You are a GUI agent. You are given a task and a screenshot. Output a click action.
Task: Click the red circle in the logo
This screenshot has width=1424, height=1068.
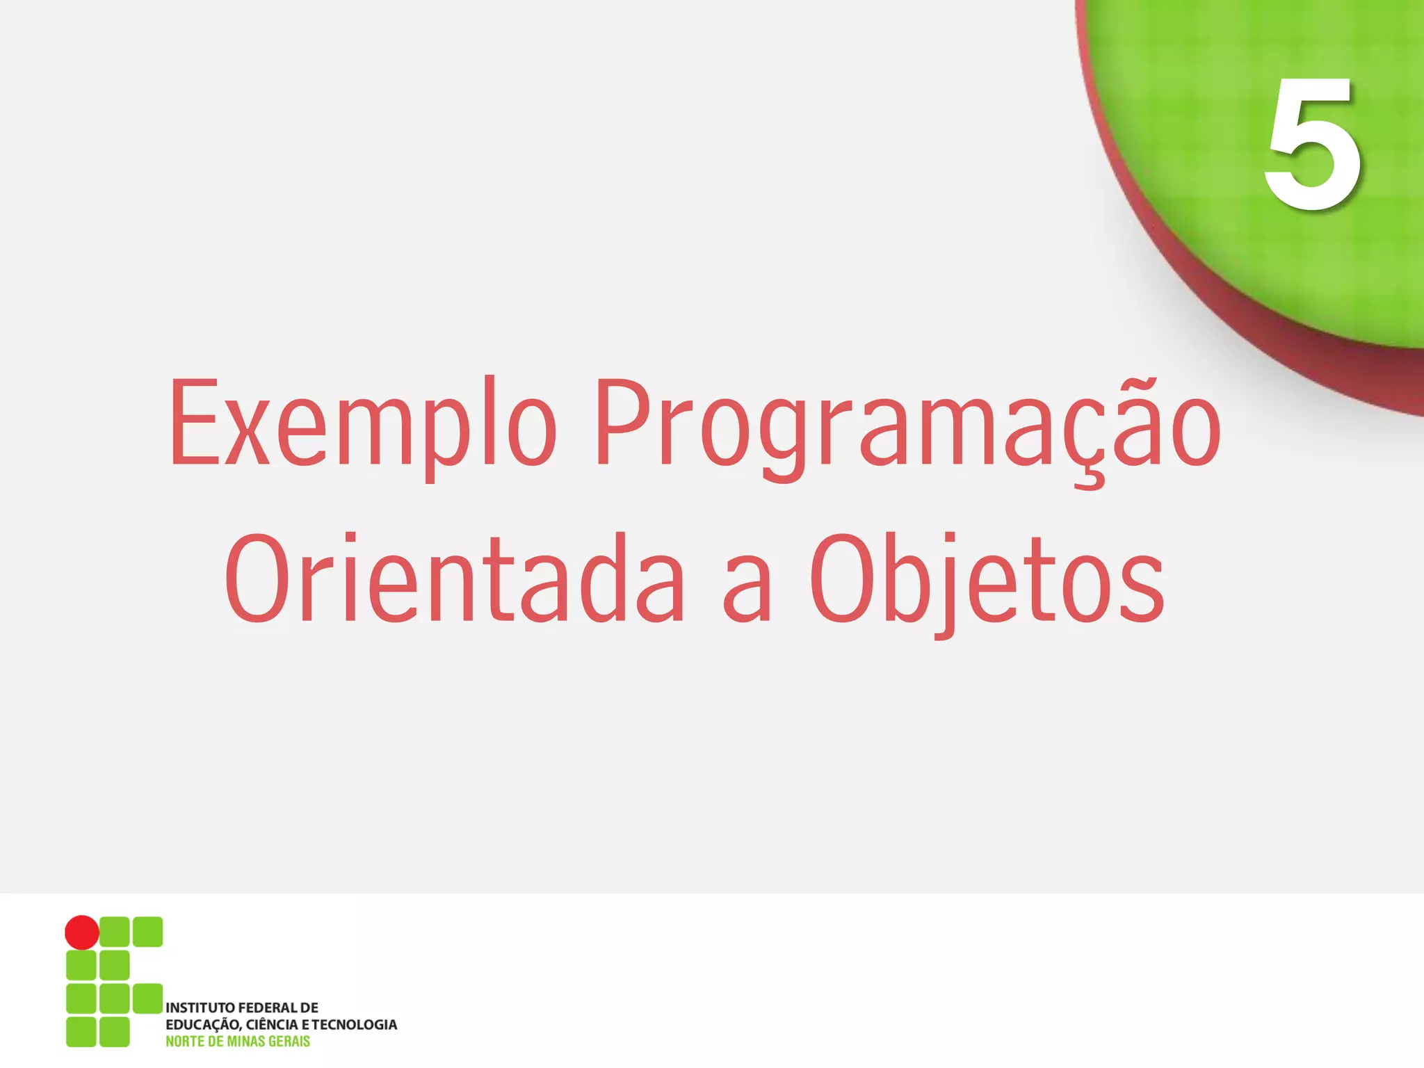tap(82, 932)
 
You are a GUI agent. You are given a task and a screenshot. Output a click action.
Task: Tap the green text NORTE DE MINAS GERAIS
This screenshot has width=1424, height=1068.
tap(238, 1042)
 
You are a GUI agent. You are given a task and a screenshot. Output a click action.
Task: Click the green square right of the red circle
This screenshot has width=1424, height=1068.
tap(115, 932)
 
